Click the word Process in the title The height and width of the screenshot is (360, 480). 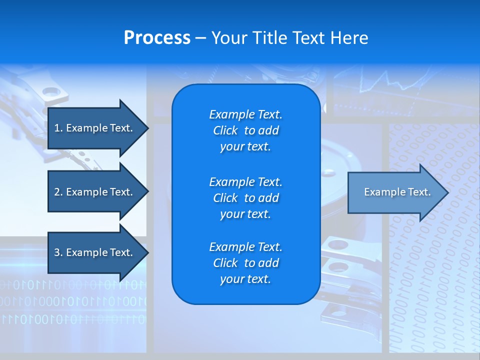click(157, 38)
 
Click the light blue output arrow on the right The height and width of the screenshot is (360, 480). click(395, 192)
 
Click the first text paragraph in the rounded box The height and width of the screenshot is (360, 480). click(245, 130)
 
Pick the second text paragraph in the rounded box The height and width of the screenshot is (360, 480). click(245, 198)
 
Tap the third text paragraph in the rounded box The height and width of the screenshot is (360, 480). click(245, 263)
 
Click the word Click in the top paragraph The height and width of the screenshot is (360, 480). click(225, 130)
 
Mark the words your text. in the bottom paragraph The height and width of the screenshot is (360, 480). click(245, 279)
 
